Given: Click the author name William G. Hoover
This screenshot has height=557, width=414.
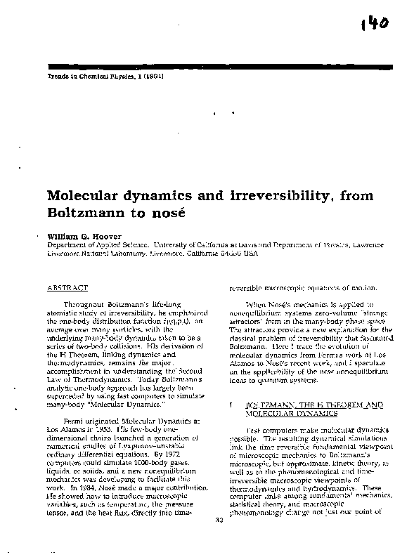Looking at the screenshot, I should tap(77, 237).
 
